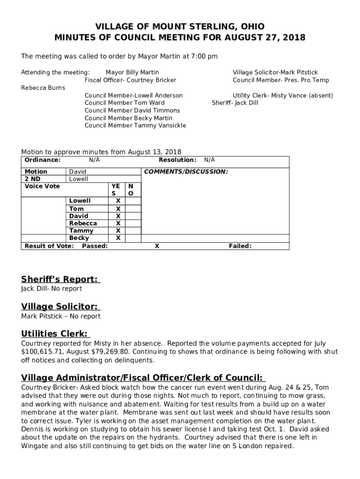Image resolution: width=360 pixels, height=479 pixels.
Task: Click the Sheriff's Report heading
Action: click(60, 280)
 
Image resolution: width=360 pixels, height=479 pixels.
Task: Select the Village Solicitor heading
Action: click(60, 307)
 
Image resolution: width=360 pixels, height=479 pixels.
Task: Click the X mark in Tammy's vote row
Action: click(118, 231)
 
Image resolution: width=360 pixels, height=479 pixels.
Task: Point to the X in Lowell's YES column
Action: click(118, 201)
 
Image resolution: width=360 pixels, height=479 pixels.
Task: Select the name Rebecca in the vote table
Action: click(83, 224)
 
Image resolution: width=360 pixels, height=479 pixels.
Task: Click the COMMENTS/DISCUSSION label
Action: click(186, 172)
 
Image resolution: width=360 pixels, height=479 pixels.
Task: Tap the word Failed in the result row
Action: click(240, 246)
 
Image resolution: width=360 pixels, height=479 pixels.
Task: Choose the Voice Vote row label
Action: click(42, 186)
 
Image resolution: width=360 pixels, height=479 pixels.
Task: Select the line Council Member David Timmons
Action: click(132, 110)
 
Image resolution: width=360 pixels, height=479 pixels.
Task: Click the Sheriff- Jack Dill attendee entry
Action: click(235, 103)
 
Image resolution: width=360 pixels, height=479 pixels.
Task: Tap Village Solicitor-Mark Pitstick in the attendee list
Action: click(275, 73)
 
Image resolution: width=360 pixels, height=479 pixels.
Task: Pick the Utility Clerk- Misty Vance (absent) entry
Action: click(282, 95)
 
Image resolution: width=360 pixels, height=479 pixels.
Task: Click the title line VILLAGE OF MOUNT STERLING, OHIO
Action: click(180, 27)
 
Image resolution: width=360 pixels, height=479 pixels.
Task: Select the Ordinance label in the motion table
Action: click(43, 160)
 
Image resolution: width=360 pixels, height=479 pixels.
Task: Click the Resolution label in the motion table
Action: click(177, 160)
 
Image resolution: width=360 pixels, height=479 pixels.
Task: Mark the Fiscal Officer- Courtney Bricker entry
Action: click(130, 80)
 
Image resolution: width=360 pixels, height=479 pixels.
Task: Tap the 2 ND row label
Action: click(32, 179)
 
